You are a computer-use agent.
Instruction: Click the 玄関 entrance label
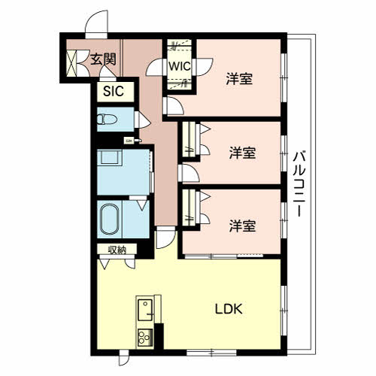(x=103, y=59)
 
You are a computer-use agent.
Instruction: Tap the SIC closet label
(x=114, y=91)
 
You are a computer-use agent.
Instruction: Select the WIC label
(x=180, y=66)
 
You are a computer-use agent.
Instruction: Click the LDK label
(x=229, y=309)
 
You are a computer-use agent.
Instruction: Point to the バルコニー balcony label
(x=299, y=183)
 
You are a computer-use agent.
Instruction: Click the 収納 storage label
(x=117, y=250)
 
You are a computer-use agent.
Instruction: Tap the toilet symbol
(x=107, y=120)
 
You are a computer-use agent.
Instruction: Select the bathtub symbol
(x=110, y=220)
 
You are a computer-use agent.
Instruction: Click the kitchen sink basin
(x=145, y=310)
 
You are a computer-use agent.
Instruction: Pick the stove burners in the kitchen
(x=145, y=337)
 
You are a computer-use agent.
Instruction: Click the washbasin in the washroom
(x=109, y=158)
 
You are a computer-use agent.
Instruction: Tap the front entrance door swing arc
(x=96, y=24)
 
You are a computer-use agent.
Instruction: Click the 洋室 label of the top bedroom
(x=239, y=79)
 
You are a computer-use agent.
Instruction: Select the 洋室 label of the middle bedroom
(x=242, y=153)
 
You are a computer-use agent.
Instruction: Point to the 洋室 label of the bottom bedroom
(x=242, y=226)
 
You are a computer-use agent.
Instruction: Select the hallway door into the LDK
(x=165, y=238)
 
